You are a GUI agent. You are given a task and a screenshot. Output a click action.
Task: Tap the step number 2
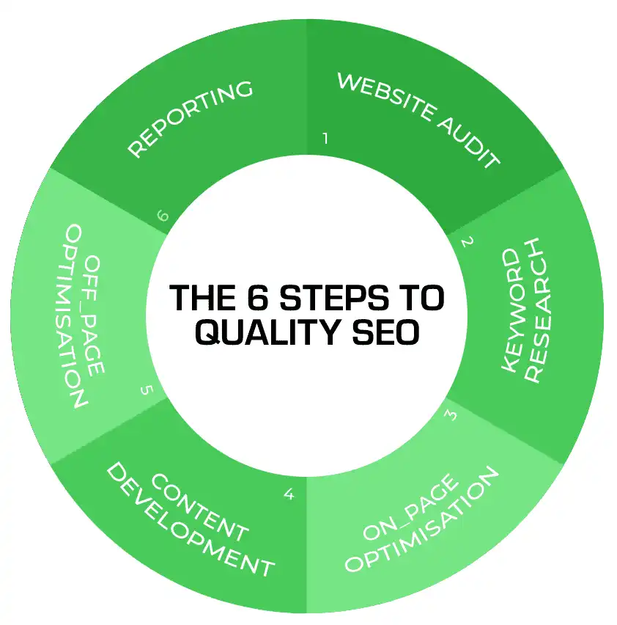[467, 240]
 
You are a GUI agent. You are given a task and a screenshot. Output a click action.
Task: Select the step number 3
[451, 415]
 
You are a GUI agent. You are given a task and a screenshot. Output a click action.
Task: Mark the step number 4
[289, 494]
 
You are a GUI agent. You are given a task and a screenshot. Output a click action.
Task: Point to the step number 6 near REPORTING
[163, 216]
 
